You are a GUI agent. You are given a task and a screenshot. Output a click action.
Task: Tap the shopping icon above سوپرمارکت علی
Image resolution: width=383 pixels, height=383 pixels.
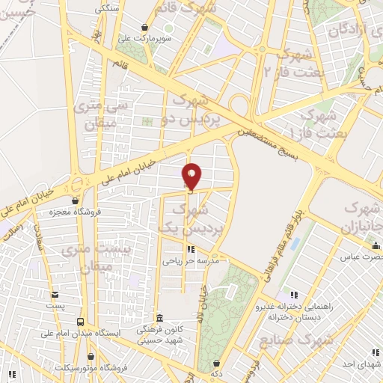coord(144,28)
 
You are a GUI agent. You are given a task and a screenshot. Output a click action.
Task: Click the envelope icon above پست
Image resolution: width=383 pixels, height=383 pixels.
coord(54,295)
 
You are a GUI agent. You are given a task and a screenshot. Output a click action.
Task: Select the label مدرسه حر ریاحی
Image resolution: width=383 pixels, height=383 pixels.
coord(191,260)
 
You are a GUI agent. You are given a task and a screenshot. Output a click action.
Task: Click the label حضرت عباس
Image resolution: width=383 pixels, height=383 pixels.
coord(361,256)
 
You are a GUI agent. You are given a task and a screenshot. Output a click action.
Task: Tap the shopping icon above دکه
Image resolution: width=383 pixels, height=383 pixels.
coord(218,361)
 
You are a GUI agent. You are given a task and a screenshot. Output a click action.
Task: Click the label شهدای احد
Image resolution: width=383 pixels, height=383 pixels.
coord(362,364)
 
